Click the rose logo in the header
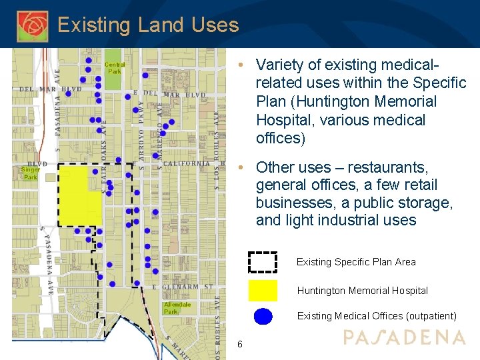32,25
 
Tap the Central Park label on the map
115,67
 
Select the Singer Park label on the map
31,173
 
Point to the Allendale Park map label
177,308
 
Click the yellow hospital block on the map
80,196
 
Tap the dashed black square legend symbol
263,262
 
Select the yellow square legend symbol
263,291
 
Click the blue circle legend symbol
263,316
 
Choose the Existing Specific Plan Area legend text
356,262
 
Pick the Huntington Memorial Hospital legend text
362,291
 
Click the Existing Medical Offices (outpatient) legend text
377,316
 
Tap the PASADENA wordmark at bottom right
404,337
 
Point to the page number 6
240,344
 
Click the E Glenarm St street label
183,287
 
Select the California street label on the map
186,163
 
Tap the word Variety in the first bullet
279,65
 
